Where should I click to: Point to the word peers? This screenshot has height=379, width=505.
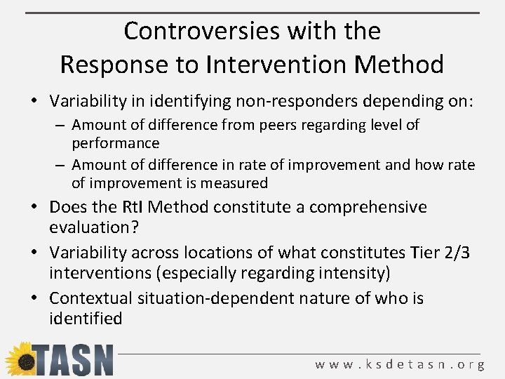point(281,125)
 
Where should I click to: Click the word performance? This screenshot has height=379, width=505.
point(115,143)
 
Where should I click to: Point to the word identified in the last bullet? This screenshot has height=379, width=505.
point(86,319)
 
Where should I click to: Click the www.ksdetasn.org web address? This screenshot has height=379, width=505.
point(400,364)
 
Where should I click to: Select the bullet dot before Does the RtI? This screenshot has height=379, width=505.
point(36,208)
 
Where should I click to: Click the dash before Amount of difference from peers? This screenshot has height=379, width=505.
point(61,126)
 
